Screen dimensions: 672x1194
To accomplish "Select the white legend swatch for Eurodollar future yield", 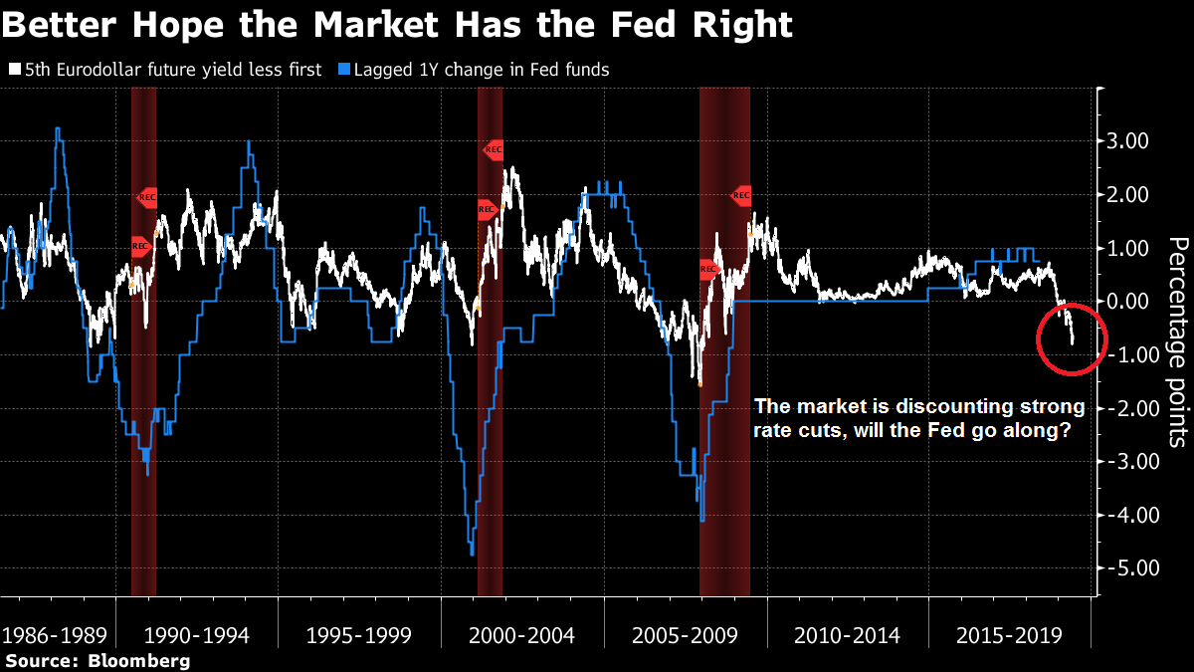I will click(13, 71).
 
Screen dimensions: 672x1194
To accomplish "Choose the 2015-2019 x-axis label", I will click(1007, 635).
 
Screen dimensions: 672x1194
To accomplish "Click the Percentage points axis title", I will click(1174, 341).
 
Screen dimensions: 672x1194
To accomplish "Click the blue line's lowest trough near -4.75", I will click(471, 553).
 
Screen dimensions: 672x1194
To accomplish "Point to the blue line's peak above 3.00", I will click(58, 128).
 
